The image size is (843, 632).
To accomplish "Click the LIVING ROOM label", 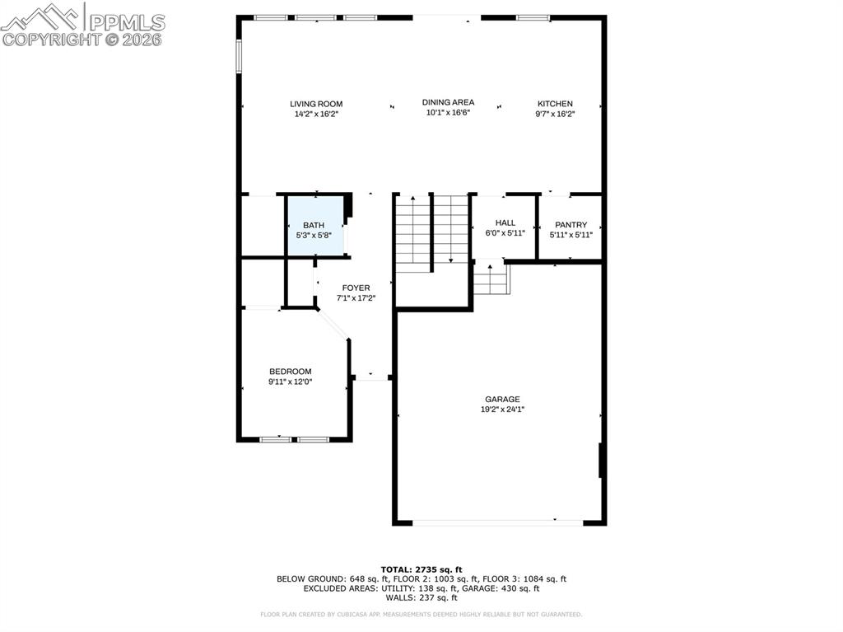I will click(316, 104).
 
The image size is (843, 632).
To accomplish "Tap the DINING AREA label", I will click(448, 102).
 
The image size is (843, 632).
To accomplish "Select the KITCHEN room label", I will click(555, 104).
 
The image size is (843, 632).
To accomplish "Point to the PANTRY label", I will click(571, 225).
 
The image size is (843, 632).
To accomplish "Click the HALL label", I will click(505, 222).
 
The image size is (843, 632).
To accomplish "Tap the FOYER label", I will click(356, 288).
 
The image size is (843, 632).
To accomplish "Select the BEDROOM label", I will click(290, 372).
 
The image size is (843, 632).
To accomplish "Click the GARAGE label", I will click(501, 400).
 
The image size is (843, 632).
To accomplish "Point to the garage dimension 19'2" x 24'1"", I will click(502, 410).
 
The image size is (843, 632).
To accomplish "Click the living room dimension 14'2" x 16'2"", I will click(316, 115).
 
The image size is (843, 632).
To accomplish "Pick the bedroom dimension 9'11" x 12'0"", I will click(290, 382).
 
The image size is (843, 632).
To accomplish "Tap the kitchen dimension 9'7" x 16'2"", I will click(555, 115).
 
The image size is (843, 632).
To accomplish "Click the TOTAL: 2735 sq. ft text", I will click(421, 569).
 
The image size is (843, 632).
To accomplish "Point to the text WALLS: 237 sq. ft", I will click(421, 598).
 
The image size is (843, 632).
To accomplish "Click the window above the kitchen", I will click(533, 17).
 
